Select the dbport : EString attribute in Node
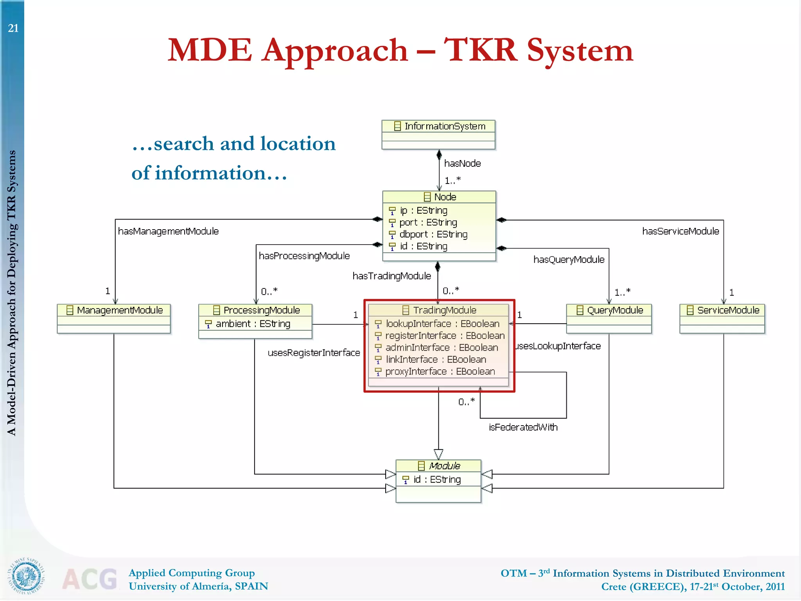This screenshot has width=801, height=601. [x=433, y=234]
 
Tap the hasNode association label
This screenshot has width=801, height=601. [x=462, y=163]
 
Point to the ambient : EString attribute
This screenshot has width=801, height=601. [x=253, y=324]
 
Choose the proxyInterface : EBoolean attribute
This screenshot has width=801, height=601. [x=440, y=371]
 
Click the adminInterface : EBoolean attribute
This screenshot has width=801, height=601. [x=441, y=347]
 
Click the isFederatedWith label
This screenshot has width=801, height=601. [x=523, y=427]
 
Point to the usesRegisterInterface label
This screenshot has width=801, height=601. [x=314, y=353]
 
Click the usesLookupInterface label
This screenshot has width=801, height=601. [x=558, y=346]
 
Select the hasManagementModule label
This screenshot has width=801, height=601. [x=168, y=231]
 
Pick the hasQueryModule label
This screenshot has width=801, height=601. [x=569, y=259]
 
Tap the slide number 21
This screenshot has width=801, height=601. [x=13, y=28]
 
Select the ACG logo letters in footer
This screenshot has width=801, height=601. [x=90, y=579]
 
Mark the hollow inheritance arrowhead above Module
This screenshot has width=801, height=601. [x=438, y=454]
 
